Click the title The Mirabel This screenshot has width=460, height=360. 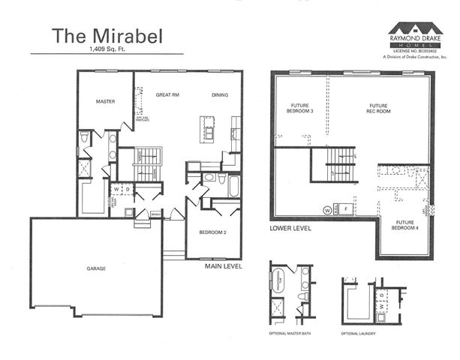click(x=103, y=34)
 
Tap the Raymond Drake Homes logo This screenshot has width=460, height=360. click(x=416, y=33)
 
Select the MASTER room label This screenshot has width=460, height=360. click(x=104, y=100)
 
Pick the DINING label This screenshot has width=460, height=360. click(x=219, y=95)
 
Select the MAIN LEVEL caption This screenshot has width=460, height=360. click(x=223, y=265)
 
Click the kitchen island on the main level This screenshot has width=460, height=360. click(x=206, y=130)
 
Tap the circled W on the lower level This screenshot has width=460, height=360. click(x=326, y=209)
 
